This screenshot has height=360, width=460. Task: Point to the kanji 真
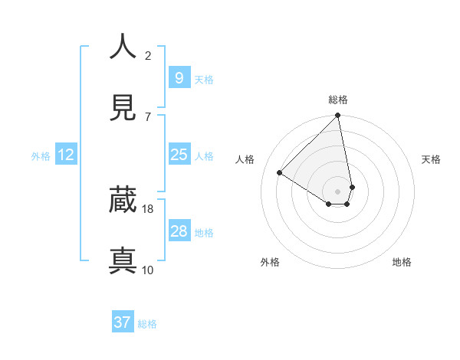pyautogui.click(x=123, y=260)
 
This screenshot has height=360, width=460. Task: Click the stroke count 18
pyautogui.click(x=148, y=208)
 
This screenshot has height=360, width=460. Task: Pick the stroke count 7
pyautogui.click(x=148, y=116)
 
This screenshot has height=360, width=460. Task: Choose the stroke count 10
pyautogui.click(x=148, y=270)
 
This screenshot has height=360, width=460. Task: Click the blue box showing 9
pyautogui.click(x=179, y=78)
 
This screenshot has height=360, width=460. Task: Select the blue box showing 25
pyautogui.click(x=179, y=155)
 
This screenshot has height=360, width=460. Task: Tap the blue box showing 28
pyautogui.click(x=179, y=231)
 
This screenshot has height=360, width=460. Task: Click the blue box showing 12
pyautogui.click(x=66, y=155)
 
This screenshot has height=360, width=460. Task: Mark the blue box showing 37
pyautogui.click(x=123, y=322)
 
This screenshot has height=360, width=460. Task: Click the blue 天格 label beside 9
pyautogui.click(x=204, y=79)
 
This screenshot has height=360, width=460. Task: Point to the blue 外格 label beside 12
pyautogui.click(x=41, y=155)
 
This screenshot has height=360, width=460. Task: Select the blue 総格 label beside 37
pyautogui.click(x=147, y=324)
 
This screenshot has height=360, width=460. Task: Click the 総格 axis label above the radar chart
pyautogui.click(x=338, y=100)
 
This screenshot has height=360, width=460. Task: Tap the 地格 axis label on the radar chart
pyautogui.click(x=402, y=262)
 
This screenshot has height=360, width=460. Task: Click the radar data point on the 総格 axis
pyautogui.click(x=338, y=116)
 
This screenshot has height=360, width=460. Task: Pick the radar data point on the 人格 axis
pyautogui.click(x=280, y=173)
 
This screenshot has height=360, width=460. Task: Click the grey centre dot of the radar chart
pyautogui.click(x=338, y=191)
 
